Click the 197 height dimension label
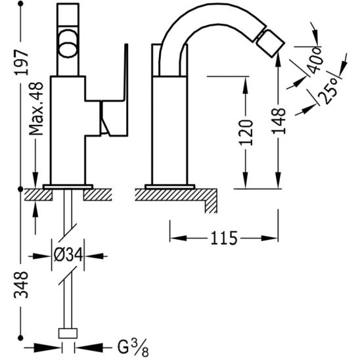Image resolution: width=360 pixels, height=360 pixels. [x=22, y=62]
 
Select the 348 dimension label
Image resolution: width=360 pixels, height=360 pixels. [x=21, y=284]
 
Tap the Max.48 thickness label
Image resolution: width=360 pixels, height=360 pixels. [x=36, y=109]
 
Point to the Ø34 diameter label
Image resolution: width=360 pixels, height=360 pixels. [x=68, y=255]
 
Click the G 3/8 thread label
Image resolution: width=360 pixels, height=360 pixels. [x=133, y=348]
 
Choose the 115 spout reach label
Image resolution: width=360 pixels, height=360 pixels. [x=224, y=238]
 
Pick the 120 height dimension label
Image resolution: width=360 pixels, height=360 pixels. [x=246, y=133]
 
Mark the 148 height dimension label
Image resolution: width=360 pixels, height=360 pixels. [x=279, y=121]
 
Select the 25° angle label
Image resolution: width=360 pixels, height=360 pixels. [x=328, y=90]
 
